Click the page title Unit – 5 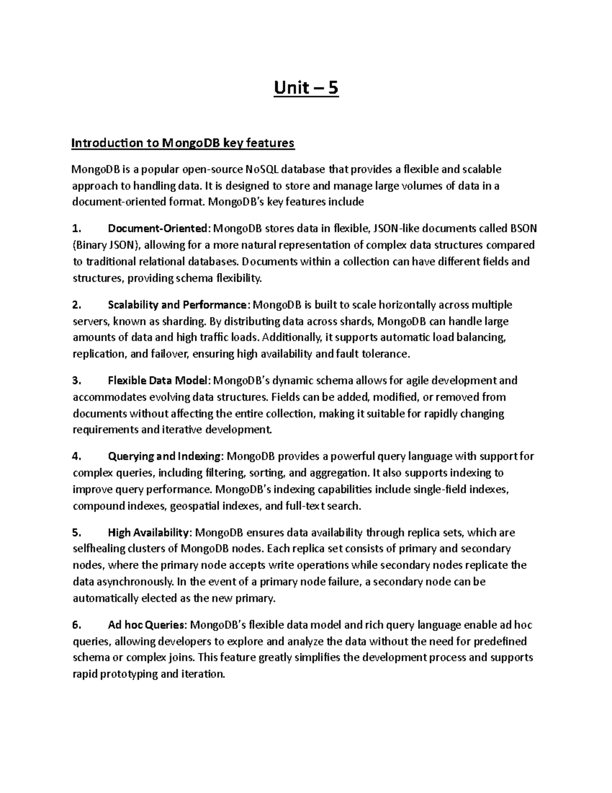[x=306, y=88]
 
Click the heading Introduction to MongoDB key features [x=183, y=143]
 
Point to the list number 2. [x=76, y=305]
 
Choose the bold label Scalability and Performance [x=177, y=305]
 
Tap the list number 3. [x=76, y=380]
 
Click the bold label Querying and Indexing [x=165, y=456]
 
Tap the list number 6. [x=76, y=625]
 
